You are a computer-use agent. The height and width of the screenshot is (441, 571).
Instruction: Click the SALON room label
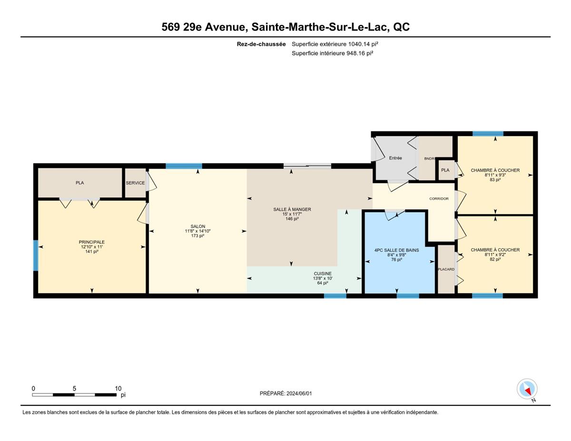[198, 226]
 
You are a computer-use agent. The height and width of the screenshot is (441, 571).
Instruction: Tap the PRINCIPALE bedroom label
[92, 242]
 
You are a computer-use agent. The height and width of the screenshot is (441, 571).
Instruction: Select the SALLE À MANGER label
[292, 209]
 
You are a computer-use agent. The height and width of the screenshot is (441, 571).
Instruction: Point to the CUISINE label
[323, 274]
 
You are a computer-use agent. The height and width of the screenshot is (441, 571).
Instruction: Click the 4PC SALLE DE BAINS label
[396, 250]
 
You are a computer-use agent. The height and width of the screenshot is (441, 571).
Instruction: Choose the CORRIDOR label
[439, 198]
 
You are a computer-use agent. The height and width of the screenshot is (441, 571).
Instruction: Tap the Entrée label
[395, 158]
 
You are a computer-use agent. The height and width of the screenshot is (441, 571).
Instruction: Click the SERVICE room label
[135, 183]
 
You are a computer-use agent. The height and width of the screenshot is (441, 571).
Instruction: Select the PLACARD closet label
[446, 269]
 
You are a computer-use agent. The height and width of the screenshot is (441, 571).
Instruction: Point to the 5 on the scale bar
[74, 389]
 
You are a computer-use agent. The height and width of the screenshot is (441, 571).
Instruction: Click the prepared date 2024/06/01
[299, 393]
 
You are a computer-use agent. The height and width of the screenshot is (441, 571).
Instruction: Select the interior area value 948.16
[355, 53]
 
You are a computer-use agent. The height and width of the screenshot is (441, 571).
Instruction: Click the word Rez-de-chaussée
[261, 44]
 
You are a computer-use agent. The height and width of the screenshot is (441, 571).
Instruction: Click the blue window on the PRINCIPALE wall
[36, 255]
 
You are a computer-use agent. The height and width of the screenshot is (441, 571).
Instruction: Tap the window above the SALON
[184, 166]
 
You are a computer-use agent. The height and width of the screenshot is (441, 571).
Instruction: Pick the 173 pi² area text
[198, 236]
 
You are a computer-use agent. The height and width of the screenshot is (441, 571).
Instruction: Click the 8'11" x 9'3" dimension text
[495, 175]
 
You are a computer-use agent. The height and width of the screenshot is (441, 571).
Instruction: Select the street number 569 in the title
[170, 27]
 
